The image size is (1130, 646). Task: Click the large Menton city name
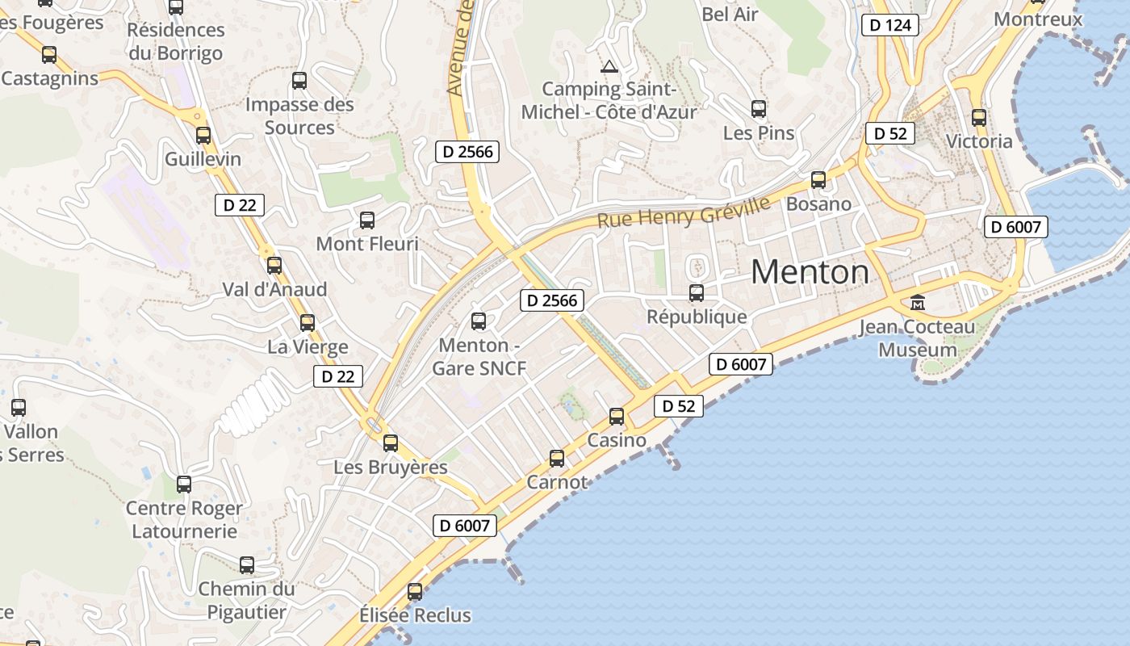pos(810,273)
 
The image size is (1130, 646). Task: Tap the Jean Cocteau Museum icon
pos(918,303)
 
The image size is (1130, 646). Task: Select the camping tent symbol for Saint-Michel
pos(609,65)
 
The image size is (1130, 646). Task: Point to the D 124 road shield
pos(891,25)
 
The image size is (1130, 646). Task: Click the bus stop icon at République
pos(697,293)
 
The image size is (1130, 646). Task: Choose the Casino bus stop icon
pos(617,417)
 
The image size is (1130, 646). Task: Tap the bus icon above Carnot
pos(557,459)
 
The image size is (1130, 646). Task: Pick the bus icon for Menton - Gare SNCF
pos(479,321)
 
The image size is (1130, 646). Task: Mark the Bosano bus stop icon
pos(818,180)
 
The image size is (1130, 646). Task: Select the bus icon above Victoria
pos(979,118)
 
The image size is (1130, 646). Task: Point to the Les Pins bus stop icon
pos(758,109)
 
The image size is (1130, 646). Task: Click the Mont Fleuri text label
pos(367,243)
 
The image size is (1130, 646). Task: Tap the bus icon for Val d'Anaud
pos(274,265)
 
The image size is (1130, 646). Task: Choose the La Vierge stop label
pos(308,347)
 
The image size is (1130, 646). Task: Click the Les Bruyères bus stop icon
pos(391,443)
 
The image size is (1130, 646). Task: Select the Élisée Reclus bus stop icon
pos(415,592)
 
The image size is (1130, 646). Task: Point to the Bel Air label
pos(730,14)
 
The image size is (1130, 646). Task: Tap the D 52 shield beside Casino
pos(678,406)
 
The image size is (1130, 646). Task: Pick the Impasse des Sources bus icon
pos(299,81)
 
